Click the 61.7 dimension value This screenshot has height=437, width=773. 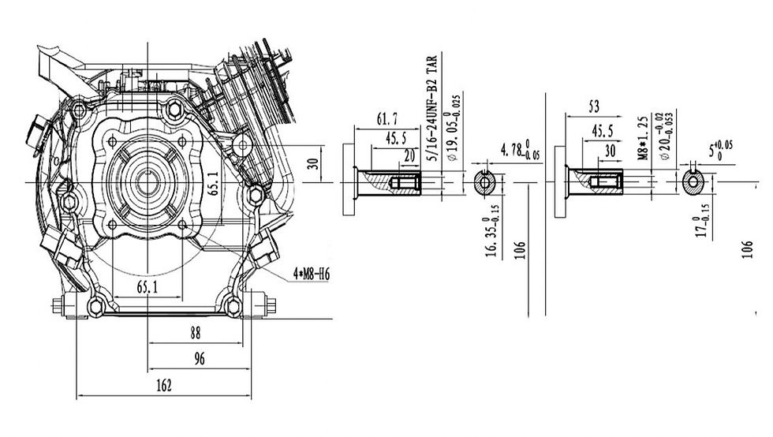pos(387,120)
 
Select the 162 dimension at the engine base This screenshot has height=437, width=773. pos(163,386)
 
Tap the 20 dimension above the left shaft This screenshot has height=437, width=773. pos(409,155)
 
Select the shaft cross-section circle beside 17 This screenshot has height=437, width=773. pos(693,183)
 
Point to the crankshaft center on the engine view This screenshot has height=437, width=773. pos(148,181)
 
